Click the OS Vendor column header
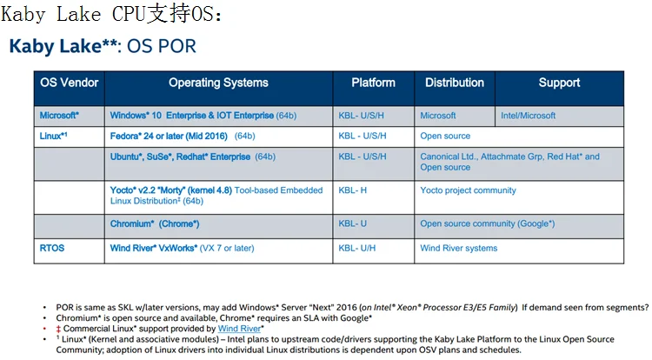69,83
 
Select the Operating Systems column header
218,83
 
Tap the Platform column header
374,83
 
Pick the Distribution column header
455,83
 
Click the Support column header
559,83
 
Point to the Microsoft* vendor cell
59,115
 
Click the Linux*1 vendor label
53,136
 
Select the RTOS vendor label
52,248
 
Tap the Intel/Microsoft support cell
528,116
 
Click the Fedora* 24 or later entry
169,136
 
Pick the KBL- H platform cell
353,190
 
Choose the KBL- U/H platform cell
356,248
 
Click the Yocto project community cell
468,190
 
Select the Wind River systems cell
459,248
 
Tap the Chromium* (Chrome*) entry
155,223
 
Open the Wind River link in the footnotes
240,329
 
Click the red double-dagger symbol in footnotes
58,329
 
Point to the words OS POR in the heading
162,46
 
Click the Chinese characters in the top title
169,14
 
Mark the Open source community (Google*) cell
488,223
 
